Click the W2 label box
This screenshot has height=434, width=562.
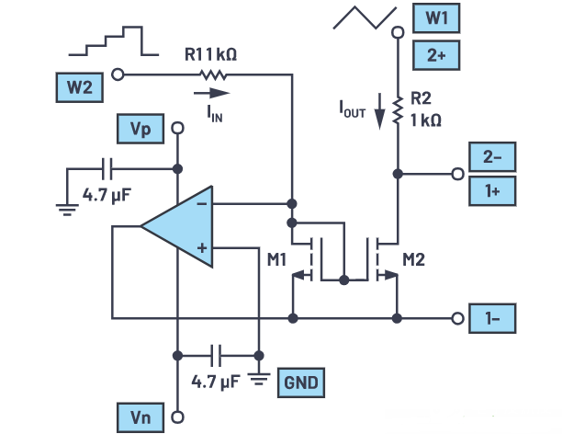coord(80,87)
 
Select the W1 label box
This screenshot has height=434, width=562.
coord(436,18)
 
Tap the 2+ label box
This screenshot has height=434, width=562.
coord(436,55)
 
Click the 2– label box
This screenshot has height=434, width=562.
coord(492,157)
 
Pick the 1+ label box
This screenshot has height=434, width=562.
coord(492,191)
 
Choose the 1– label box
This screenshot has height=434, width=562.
coord(492,318)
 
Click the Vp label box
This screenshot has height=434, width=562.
coord(140,129)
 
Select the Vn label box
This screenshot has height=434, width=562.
coord(140,417)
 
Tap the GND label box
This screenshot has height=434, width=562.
coord(301,383)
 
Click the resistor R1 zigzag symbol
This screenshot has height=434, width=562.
coord(213,75)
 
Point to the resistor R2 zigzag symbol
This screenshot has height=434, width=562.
coord(398,110)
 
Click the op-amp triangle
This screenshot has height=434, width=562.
coord(176,226)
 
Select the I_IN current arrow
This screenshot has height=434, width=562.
coord(211,93)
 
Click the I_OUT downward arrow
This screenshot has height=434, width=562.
coord(379,111)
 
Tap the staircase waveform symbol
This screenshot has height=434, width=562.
coord(114,40)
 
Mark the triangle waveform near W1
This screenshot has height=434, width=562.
coord(365,17)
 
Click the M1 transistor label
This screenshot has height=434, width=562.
coord(276,259)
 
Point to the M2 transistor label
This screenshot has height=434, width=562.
coord(413,259)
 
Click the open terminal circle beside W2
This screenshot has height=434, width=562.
coord(118,74)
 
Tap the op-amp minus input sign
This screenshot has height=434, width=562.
coord(202,204)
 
